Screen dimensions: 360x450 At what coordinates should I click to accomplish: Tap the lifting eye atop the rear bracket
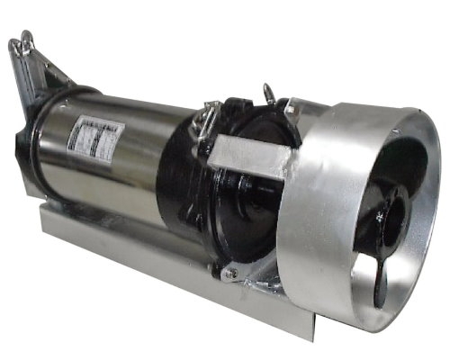tap(23, 41)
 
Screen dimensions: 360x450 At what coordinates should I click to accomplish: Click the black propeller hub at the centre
tap(388, 215)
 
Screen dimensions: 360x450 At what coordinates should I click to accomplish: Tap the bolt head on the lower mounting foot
tap(229, 273)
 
